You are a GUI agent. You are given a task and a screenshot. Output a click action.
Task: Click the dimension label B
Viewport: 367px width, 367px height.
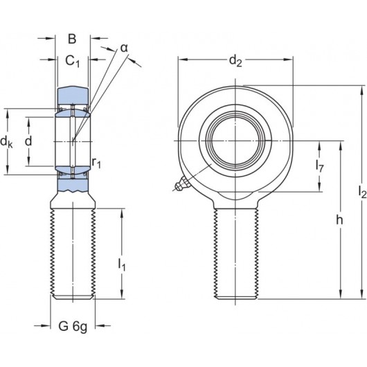pyautogui.click(x=72, y=39)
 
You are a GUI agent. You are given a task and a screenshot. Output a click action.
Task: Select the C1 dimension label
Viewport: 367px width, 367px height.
pyautogui.click(x=73, y=62)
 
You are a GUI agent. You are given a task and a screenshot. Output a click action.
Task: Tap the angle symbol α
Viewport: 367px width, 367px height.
pyautogui.click(x=124, y=47)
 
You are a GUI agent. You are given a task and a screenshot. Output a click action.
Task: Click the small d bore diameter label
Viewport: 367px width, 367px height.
pyautogui.click(x=28, y=141)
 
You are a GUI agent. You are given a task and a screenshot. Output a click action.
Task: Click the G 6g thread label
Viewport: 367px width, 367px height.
pyautogui.click(x=73, y=325)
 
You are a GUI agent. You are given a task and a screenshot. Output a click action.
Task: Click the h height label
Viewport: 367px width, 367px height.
pyautogui.click(x=339, y=220)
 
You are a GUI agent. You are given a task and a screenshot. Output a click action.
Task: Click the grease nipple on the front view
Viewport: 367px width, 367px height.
pyautogui.click(x=180, y=184)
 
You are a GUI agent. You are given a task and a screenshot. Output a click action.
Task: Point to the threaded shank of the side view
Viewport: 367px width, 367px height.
pyautogui.click(x=73, y=253)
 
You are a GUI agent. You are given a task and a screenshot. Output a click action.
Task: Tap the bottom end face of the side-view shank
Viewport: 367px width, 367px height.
pyautogui.click(x=73, y=298)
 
